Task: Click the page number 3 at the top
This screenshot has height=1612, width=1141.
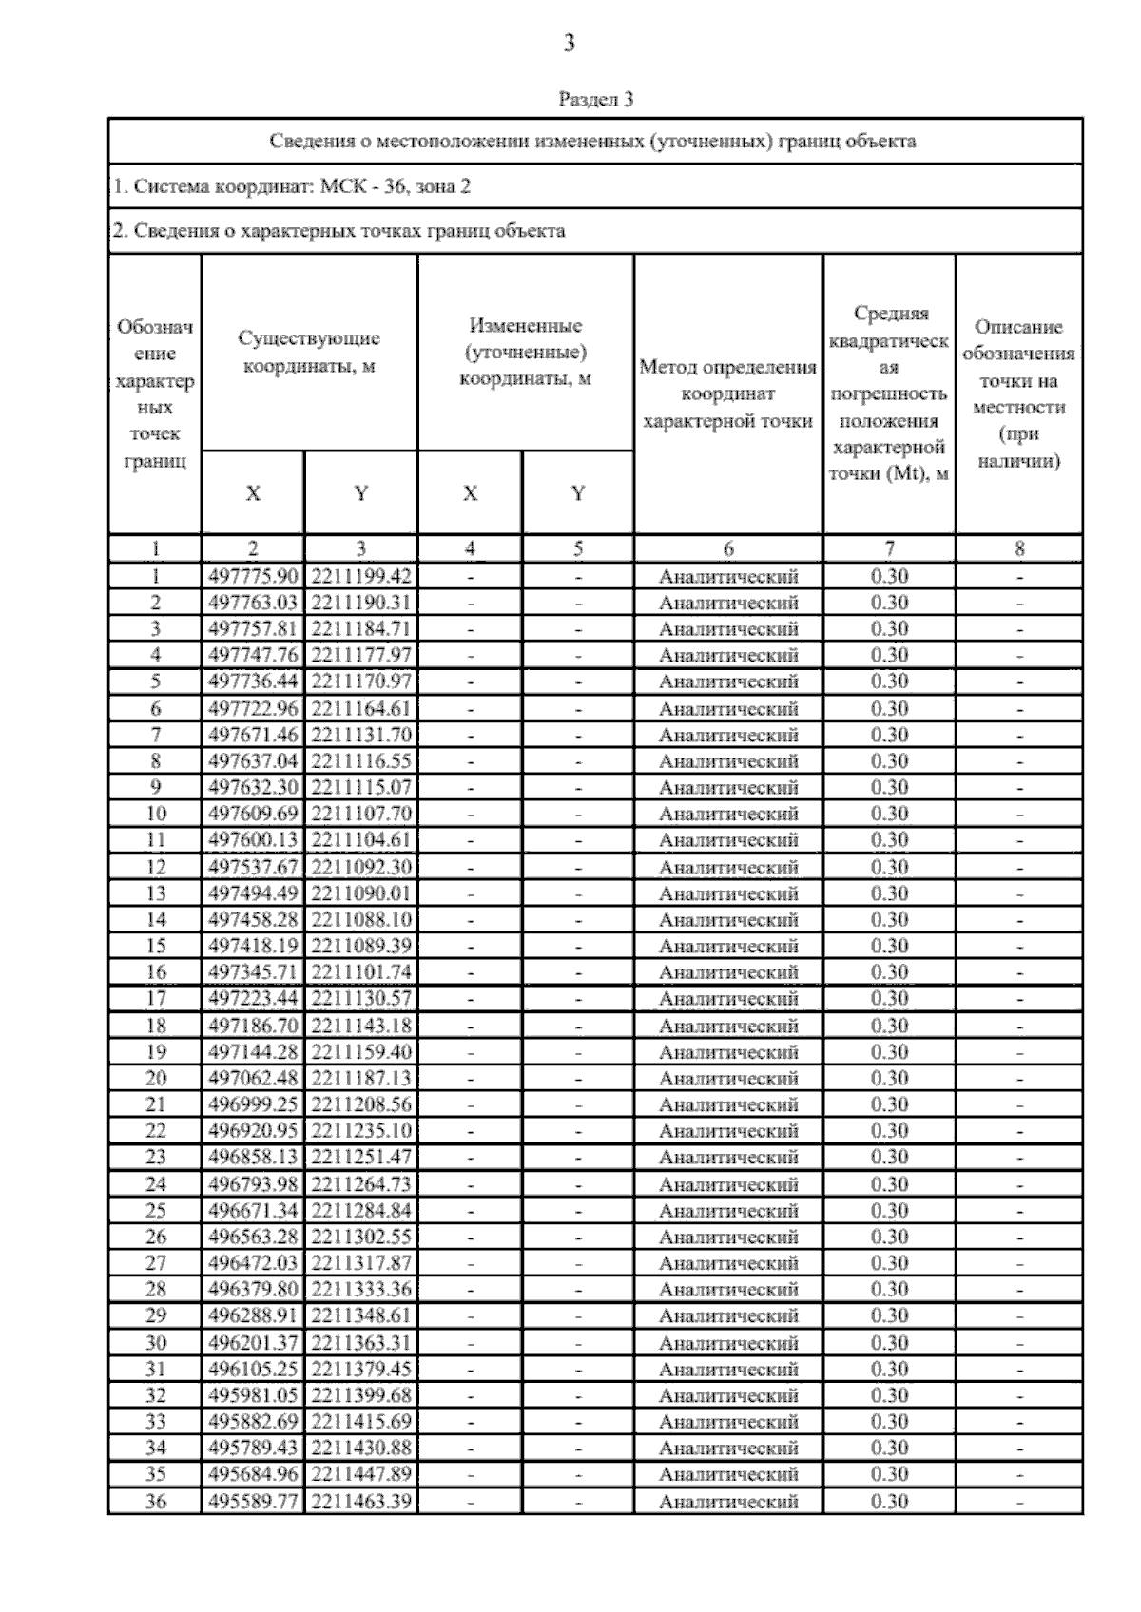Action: coord(569,43)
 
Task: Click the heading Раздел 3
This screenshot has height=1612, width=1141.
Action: coord(595,99)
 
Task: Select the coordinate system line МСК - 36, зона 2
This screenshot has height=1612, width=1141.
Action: coord(291,186)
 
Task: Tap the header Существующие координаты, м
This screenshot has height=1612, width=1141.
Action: coord(309,352)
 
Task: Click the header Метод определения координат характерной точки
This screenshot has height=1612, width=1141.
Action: coord(727,393)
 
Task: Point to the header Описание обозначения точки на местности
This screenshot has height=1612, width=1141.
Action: coord(1018,393)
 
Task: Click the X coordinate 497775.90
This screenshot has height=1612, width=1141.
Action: coord(253,576)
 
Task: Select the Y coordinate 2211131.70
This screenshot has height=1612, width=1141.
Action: coord(360,735)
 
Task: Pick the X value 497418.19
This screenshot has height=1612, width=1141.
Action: coord(253,947)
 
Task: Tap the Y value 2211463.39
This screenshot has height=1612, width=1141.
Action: coord(360,1502)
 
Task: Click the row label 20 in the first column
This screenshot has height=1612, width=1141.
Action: coord(155,1079)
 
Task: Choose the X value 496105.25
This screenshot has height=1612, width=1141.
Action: coord(253,1370)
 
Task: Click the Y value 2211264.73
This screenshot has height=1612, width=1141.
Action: coord(360,1184)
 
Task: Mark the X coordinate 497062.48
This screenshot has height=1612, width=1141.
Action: coord(253,1079)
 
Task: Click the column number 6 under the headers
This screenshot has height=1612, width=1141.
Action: coord(727,548)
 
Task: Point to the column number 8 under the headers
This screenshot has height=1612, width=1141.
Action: coord(1018,548)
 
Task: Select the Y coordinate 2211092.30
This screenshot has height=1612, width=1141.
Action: coord(360,867)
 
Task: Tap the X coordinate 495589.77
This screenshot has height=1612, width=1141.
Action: coord(253,1502)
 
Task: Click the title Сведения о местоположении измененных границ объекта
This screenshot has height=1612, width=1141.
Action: coord(593,142)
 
